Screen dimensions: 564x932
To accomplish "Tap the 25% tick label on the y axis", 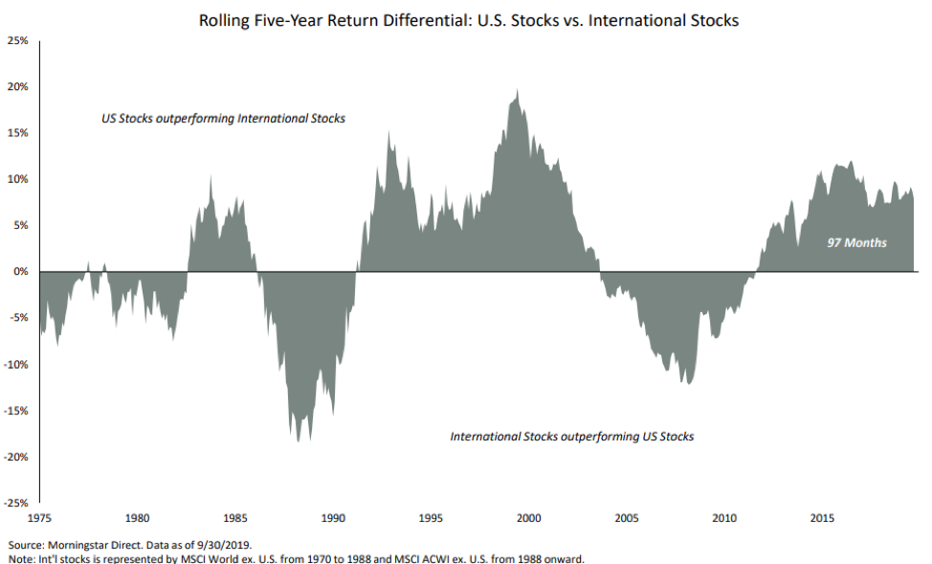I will coord(17,40).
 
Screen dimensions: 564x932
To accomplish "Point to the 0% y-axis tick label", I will coord(20,272).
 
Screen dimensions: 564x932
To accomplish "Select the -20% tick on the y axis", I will coord(16,457).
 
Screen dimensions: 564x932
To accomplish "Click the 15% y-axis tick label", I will coord(17,133).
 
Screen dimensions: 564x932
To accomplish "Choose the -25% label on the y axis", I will coord(16,503).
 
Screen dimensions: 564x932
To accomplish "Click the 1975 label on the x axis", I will coord(39,519).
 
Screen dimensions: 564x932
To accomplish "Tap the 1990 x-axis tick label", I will coord(333,519).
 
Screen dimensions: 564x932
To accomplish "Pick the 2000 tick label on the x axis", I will coord(529,519).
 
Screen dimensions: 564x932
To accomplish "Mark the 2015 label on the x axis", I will coord(822,519).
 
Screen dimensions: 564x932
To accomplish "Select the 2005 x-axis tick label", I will coord(627,519).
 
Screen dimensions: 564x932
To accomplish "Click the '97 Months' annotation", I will coord(856,243).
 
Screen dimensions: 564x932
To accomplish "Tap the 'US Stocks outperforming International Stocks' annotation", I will coord(223,120).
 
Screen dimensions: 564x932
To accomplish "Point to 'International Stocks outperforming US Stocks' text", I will coord(571,437).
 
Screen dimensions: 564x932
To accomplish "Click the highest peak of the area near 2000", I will coord(518,91).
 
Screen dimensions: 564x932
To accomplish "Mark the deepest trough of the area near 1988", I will coord(298,440).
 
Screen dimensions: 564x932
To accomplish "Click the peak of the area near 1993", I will coord(388,132).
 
